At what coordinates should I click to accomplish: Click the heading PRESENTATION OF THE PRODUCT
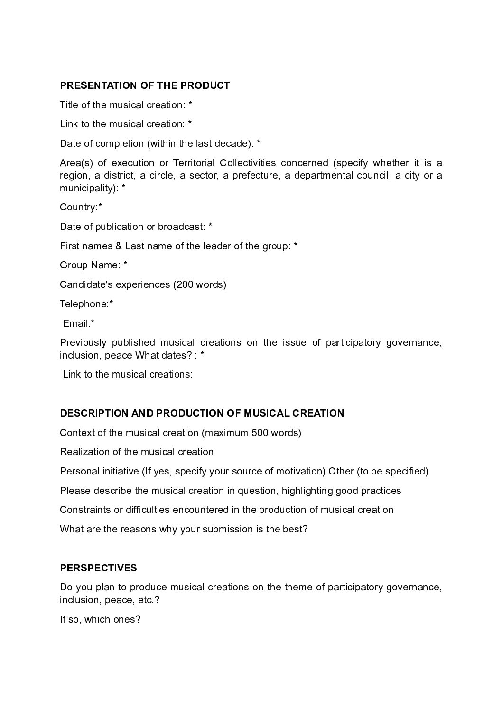145,85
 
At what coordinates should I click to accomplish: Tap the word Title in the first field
68,105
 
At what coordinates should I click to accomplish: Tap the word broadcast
181,227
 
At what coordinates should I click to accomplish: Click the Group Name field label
90,265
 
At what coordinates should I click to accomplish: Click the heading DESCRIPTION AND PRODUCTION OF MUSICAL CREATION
202,413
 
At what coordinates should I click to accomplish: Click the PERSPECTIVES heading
98,568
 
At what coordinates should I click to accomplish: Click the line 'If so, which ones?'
100,619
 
